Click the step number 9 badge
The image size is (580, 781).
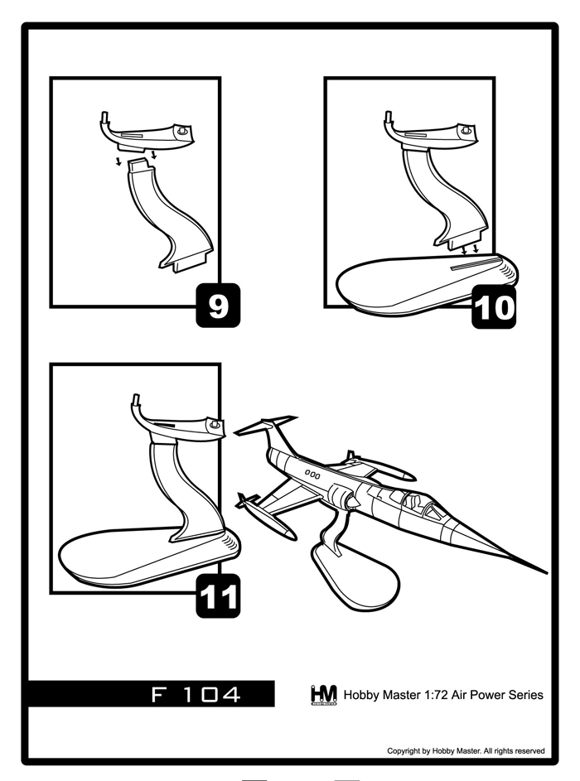coord(218,306)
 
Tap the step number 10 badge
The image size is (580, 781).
coord(494,306)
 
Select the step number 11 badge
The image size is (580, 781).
coord(218,595)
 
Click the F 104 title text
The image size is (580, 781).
coord(196,694)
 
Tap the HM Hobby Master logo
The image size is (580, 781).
coord(323,694)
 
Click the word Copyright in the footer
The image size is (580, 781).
coord(404,751)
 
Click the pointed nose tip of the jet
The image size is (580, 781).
coord(547,573)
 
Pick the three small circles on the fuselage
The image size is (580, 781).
coord(312,475)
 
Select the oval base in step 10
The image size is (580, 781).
coord(427,284)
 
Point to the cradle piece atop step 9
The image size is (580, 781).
coord(147,133)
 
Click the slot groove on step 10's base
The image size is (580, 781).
coord(474,263)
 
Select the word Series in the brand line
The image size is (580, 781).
coord(529,695)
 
